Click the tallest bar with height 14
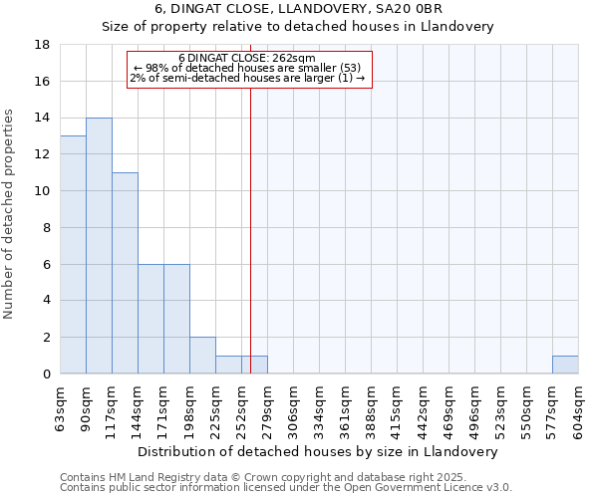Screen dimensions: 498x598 click(x=99, y=246)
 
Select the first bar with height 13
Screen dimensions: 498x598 click(x=73, y=255)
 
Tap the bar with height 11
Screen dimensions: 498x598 click(x=125, y=273)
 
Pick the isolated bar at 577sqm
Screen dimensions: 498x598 click(x=565, y=365)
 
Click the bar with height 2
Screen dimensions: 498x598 click(x=202, y=356)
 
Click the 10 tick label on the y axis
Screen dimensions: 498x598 click(x=42, y=191)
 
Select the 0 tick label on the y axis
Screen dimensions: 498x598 click(x=46, y=373)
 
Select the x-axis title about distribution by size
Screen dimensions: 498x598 click(x=318, y=451)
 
